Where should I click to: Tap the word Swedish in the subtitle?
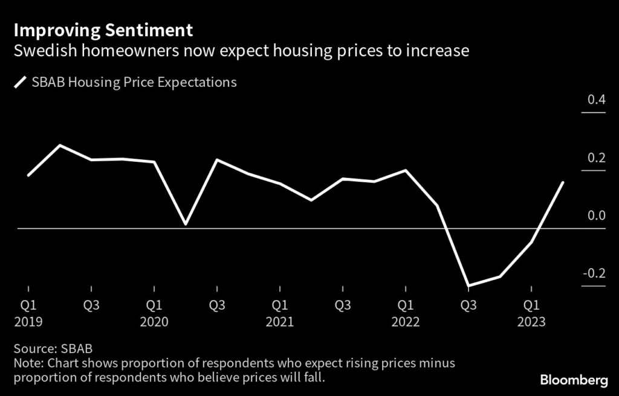[x=41, y=51]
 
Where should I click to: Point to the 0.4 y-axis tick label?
[x=596, y=99]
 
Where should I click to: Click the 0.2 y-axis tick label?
[x=596, y=158]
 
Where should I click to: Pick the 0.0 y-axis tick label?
[x=596, y=216]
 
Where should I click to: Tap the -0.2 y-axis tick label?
[x=594, y=273]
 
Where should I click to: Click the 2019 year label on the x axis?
[x=28, y=322]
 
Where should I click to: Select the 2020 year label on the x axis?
[x=154, y=322]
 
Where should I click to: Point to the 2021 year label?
[x=280, y=322]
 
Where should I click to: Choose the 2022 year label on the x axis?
[x=406, y=322]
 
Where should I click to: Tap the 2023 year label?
[x=531, y=322]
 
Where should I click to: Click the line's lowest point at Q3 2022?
[x=468, y=286]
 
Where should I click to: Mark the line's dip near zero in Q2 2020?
[x=185, y=224]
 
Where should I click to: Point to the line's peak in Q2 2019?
[x=59, y=145]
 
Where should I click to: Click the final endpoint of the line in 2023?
[x=563, y=182]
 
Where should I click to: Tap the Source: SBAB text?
[x=54, y=349]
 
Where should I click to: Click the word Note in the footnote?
[x=28, y=363]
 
